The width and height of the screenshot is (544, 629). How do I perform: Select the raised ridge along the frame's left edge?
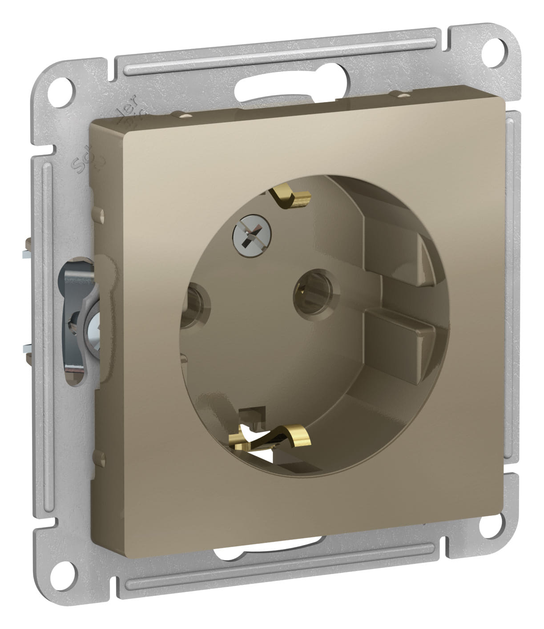pyautogui.click(x=45, y=311)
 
